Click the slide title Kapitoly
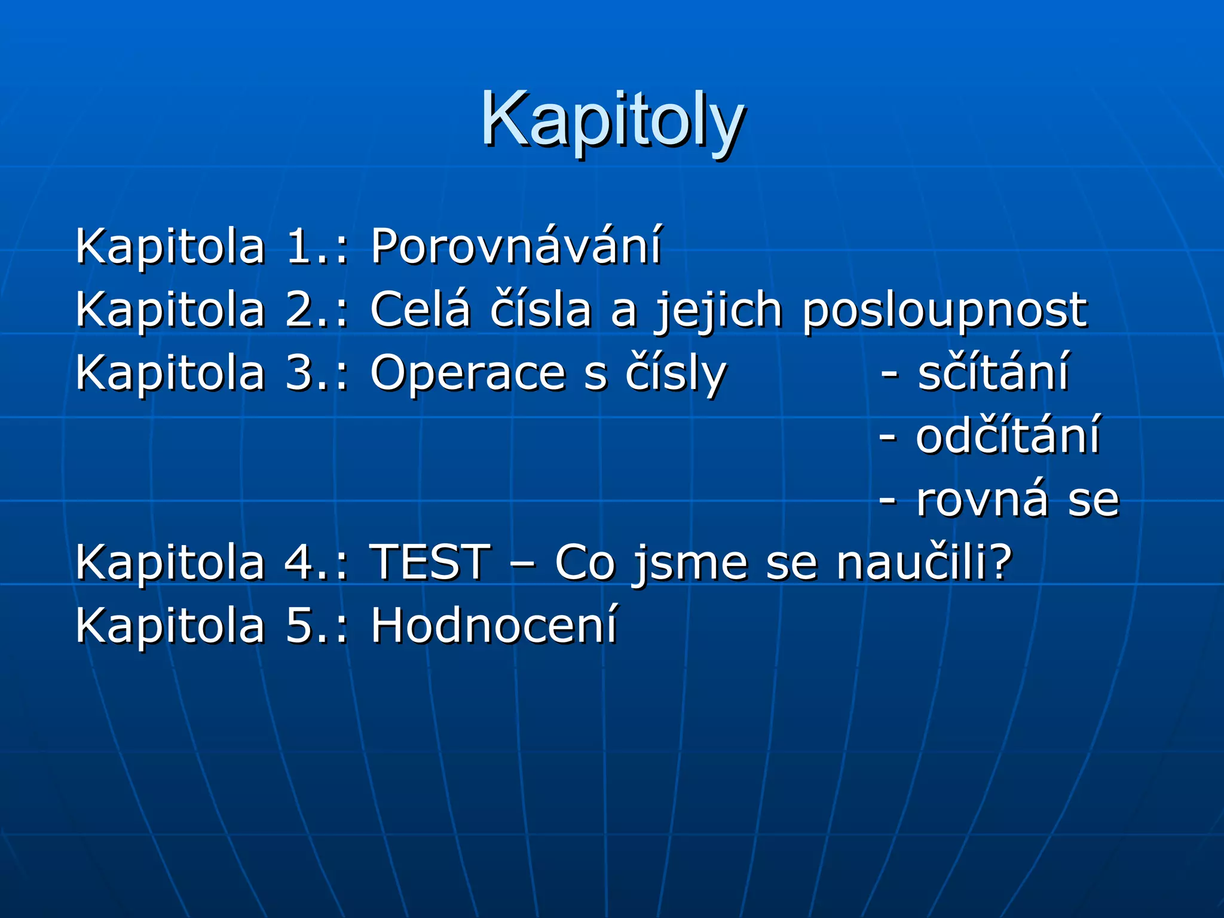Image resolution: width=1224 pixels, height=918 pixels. click(x=612, y=120)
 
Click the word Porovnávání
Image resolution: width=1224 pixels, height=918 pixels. click(x=516, y=246)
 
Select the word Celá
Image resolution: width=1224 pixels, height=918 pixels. click(x=420, y=310)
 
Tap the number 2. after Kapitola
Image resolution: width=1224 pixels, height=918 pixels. click(x=305, y=310)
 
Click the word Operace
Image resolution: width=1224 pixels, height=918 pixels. click(x=467, y=373)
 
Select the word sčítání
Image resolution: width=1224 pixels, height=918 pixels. click(x=993, y=373)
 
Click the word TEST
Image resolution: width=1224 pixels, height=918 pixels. click(x=430, y=562)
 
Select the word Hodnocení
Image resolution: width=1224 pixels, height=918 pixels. click(x=494, y=626)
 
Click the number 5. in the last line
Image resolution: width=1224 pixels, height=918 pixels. click(x=305, y=626)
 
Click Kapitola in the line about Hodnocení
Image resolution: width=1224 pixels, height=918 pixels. click(x=170, y=626)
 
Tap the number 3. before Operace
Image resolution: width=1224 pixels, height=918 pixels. click(x=305, y=373)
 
